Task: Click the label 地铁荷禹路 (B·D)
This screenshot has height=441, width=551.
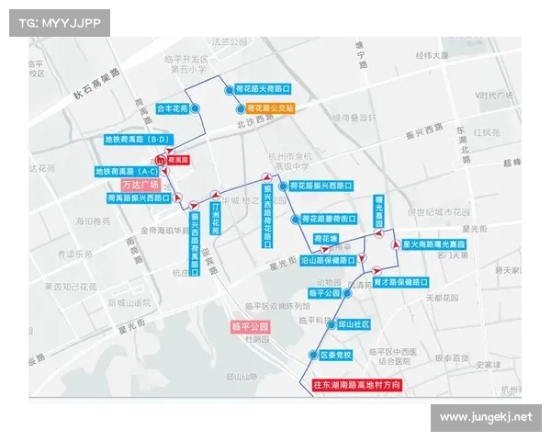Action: tap(138, 140)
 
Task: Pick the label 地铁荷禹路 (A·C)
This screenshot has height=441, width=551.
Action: tap(127, 171)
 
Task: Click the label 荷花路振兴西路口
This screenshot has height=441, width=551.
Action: tap(320, 186)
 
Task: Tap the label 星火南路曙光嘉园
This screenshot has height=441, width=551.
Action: tap(434, 245)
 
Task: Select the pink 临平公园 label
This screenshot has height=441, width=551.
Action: tap(251, 327)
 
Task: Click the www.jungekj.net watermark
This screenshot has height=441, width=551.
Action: tap(485, 418)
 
